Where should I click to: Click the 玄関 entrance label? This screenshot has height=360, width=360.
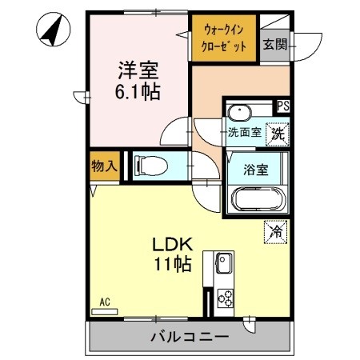[274, 43]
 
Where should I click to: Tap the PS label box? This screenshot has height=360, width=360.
[282, 105]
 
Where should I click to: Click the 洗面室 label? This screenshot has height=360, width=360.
[244, 133]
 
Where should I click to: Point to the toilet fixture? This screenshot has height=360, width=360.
[151, 166]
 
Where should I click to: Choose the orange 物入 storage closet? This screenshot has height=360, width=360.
[104, 166]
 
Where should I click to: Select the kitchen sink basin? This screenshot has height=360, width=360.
[222, 262]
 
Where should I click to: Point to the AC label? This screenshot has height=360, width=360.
[104, 302]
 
